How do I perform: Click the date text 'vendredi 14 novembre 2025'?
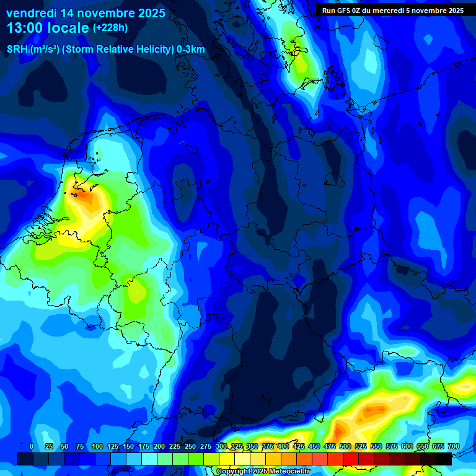coord(86,13)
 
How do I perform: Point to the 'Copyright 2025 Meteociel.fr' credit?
coord(263,471)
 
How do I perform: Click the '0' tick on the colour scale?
coord(32,446)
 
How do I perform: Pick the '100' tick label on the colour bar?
coord(97,446)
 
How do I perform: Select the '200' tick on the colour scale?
coord(159,446)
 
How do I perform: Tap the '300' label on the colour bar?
coord(221,446)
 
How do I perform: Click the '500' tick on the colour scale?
coord(345,446)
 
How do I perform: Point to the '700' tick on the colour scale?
coord(453,446)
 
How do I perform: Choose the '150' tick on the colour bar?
coord(128,446)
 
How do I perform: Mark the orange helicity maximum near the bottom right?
coord(375,410)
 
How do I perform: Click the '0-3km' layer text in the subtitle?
coord(191,50)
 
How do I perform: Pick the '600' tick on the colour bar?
coord(407,446)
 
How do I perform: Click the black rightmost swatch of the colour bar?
coord(444,459)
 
